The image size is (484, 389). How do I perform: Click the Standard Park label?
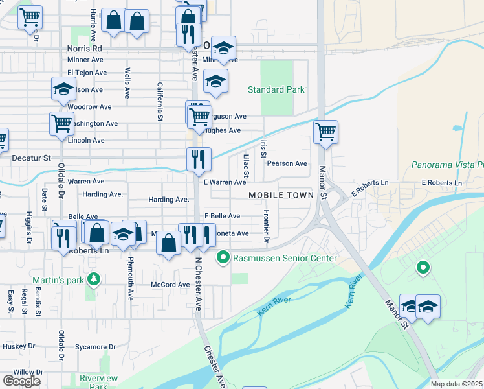(x=276, y=89)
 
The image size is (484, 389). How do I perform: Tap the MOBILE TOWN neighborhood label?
(x=281, y=195)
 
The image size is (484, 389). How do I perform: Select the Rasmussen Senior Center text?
(x=285, y=259)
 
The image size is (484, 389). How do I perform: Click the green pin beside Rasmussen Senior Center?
(x=223, y=258)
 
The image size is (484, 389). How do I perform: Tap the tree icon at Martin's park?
(x=94, y=279)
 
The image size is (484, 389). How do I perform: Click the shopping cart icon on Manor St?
(x=326, y=132)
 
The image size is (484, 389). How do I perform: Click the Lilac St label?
(x=246, y=165)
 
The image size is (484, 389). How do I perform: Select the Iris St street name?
(x=263, y=149)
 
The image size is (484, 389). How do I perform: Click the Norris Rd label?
(x=84, y=49)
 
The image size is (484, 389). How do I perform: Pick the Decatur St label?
(x=31, y=158)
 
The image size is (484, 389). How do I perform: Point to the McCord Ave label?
(x=170, y=285)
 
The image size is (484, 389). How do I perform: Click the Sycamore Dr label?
(x=94, y=347)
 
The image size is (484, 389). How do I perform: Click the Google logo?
(x=21, y=381)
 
